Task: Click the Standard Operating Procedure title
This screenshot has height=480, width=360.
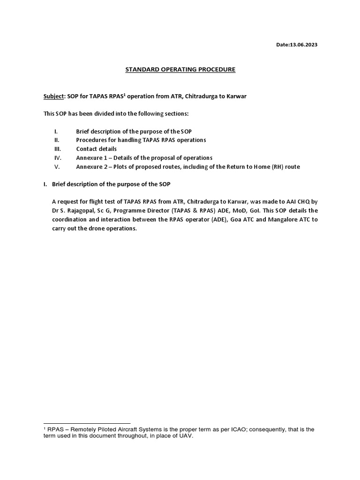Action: (x=180, y=70)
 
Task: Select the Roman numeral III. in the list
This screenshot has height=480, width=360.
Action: (x=58, y=149)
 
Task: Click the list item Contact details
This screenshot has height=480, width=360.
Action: (x=96, y=149)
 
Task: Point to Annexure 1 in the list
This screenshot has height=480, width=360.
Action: (x=93, y=157)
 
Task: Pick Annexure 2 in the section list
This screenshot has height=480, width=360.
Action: (x=93, y=166)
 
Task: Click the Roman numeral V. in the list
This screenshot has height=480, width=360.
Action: (x=57, y=166)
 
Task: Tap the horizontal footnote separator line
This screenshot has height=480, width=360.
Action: (x=86, y=423)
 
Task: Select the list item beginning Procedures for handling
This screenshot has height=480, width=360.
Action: (x=141, y=140)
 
